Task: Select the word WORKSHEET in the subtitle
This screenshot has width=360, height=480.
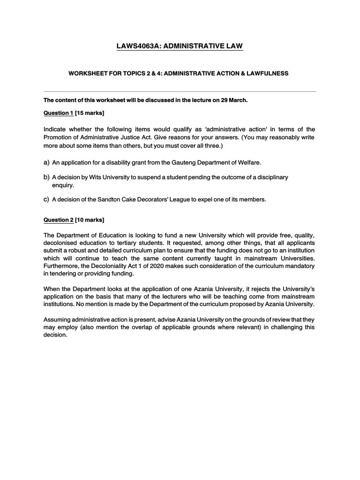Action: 88,74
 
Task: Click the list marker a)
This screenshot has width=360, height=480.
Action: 46,162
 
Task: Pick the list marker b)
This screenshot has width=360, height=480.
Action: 46,177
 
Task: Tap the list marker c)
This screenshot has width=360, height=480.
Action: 46,199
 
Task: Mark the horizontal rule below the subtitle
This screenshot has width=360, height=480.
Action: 180,91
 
